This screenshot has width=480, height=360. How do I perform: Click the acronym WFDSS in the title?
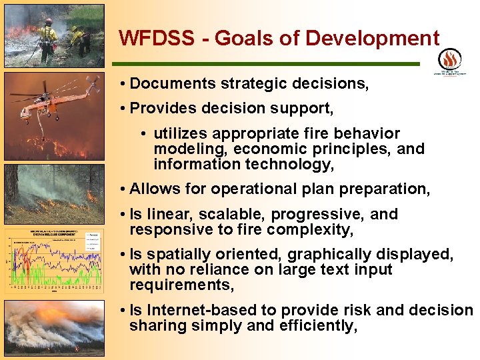(154, 38)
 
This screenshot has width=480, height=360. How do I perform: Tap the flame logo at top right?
(450, 59)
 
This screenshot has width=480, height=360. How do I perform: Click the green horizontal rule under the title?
(267, 64)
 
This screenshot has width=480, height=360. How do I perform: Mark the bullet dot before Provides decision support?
(125, 108)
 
